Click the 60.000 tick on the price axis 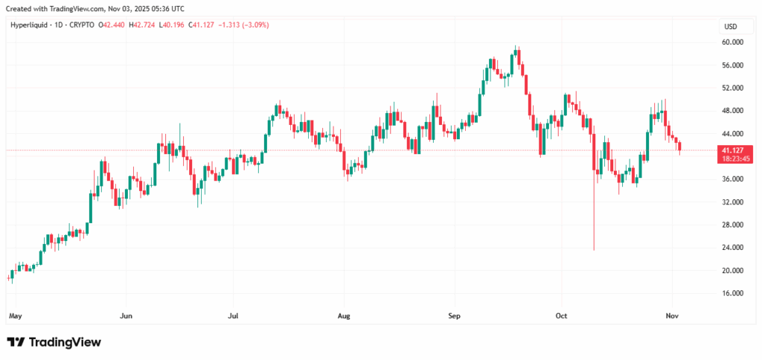point(732,42)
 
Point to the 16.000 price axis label point(732,293)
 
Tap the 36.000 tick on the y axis point(732,179)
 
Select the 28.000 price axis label point(732,225)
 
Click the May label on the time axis point(15,316)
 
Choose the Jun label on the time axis point(126,316)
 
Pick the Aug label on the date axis point(344,316)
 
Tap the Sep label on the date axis point(455,316)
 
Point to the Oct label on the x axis point(562,316)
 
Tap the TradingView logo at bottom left point(54,342)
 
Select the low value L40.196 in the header point(182,25)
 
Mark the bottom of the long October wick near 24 point(594,249)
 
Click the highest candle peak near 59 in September point(516,46)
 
